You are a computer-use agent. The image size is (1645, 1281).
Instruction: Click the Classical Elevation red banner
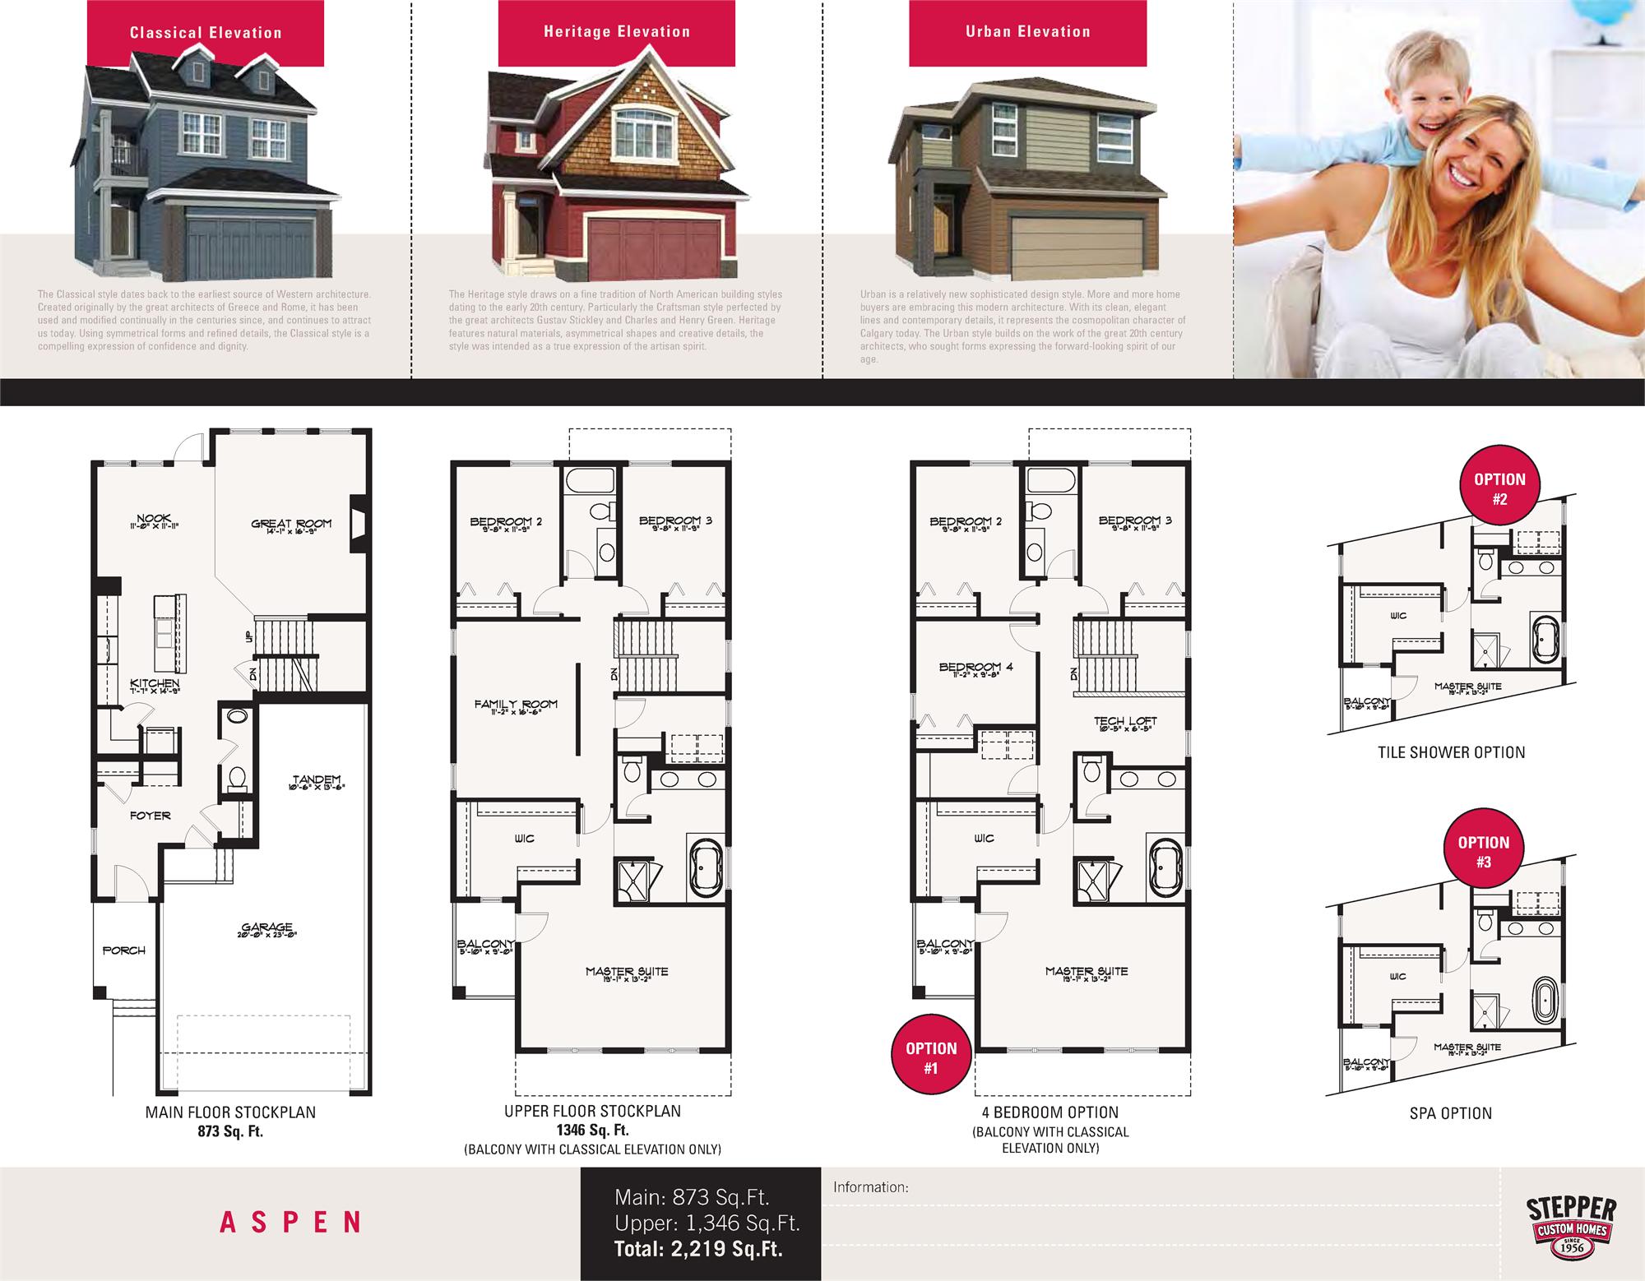coord(206,33)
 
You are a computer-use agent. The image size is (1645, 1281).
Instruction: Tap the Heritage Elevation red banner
coord(616,32)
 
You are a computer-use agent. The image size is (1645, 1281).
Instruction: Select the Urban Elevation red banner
coord(1027,32)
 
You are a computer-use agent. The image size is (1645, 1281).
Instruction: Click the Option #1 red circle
coord(931,1058)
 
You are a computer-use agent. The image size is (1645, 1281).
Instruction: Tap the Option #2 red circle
coord(1499,488)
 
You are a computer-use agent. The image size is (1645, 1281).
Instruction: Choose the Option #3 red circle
coord(1483,852)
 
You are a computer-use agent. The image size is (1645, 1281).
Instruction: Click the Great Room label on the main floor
coord(291,524)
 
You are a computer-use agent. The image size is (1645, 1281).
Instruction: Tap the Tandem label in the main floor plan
coord(316,780)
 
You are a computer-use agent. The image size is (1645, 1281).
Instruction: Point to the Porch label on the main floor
coord(124,950)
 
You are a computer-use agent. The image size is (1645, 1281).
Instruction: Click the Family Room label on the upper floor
coord(516,705)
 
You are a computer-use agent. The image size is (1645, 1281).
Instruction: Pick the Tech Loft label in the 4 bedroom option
coord(1125,722)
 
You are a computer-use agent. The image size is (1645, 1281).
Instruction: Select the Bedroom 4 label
coord(975,668)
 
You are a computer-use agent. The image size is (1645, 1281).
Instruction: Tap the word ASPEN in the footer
coord(290,1222)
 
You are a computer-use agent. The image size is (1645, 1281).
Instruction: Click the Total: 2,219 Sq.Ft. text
coord(698,1250)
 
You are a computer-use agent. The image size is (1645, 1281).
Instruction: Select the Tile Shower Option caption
coord(1451,752)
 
